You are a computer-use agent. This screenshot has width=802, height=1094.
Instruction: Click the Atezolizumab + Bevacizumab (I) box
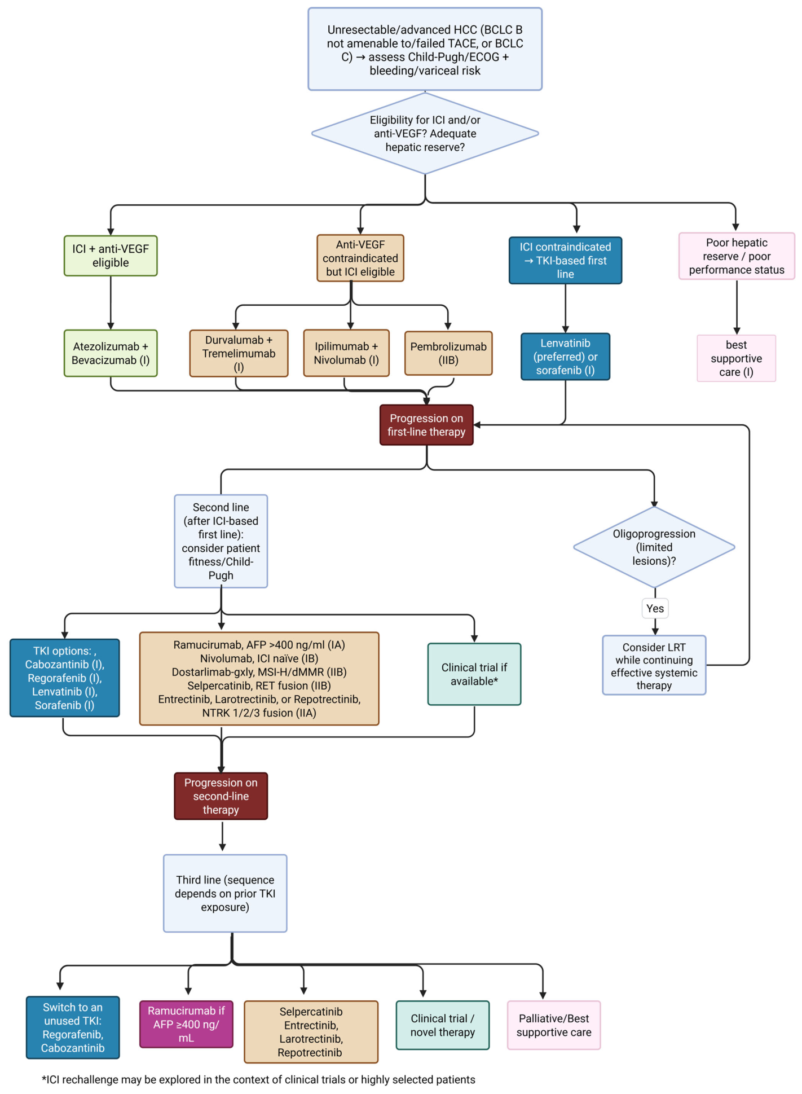111,353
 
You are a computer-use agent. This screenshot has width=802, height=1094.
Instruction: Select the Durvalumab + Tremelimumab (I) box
239,353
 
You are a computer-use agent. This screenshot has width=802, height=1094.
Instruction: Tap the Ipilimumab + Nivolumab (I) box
346,353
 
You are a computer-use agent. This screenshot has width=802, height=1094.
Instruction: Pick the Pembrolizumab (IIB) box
448,353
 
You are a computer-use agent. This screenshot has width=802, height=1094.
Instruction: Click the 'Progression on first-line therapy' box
426,425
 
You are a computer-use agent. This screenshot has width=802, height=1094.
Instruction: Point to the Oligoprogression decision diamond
654,547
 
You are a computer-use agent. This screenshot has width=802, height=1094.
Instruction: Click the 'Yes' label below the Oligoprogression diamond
655,608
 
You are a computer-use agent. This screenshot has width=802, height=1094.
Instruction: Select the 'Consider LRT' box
654,666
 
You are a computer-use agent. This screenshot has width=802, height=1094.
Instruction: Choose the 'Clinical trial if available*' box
474,674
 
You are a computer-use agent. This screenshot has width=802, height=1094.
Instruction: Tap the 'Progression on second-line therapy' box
221,796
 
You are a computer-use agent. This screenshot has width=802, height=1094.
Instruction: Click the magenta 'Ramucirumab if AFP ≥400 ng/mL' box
186,1024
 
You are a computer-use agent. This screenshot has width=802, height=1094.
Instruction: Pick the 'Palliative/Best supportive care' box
554,1025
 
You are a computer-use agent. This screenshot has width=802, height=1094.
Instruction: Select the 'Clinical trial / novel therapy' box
443,1025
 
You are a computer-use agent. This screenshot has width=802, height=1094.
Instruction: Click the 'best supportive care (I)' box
737,358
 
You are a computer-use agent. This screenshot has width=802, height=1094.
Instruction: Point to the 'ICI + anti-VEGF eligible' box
111,256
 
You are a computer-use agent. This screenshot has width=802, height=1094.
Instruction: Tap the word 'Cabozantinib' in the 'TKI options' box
57,665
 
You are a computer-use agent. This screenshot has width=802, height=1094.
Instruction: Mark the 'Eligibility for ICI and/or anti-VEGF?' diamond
425,134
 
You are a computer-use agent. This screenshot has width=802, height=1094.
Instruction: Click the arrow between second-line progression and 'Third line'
222,836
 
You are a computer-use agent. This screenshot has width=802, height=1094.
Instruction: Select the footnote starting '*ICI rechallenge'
258,1079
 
